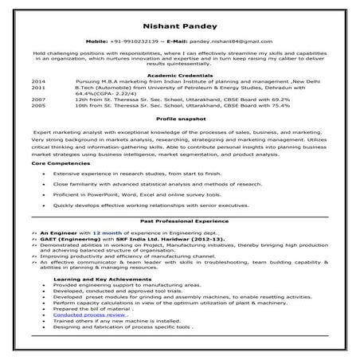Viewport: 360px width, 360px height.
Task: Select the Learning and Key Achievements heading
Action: click(x=92, y=278)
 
